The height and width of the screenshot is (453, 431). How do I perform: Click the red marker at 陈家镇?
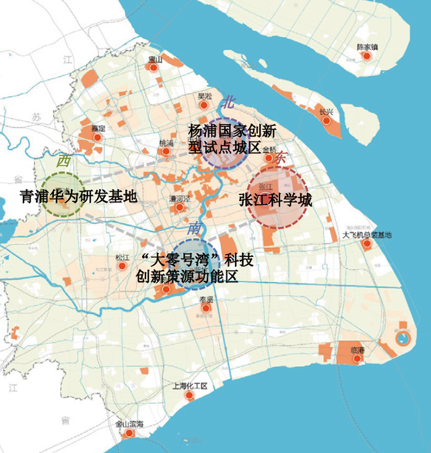pos(366,57)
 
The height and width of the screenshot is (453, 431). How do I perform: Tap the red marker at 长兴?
pos(327,121)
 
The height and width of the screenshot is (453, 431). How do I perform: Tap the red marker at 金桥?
pos(269,158)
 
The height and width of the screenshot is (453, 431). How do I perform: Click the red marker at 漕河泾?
pos(180,208)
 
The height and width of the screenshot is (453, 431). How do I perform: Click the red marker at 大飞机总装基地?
pos(366,244)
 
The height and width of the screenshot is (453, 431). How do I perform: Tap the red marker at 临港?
pos(358,359)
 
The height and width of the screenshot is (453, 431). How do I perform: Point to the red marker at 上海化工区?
pos(189,396)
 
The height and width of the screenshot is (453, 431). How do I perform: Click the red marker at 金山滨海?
pos(131,434)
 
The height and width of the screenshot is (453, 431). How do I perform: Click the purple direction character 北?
pos(228,102)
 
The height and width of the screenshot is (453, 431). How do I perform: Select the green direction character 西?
pos(64,161)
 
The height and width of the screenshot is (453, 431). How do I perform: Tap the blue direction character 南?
pos(195,228)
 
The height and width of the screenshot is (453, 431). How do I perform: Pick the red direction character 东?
pos(281,157)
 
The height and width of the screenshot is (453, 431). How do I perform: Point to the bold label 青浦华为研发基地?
pos(78,197)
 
